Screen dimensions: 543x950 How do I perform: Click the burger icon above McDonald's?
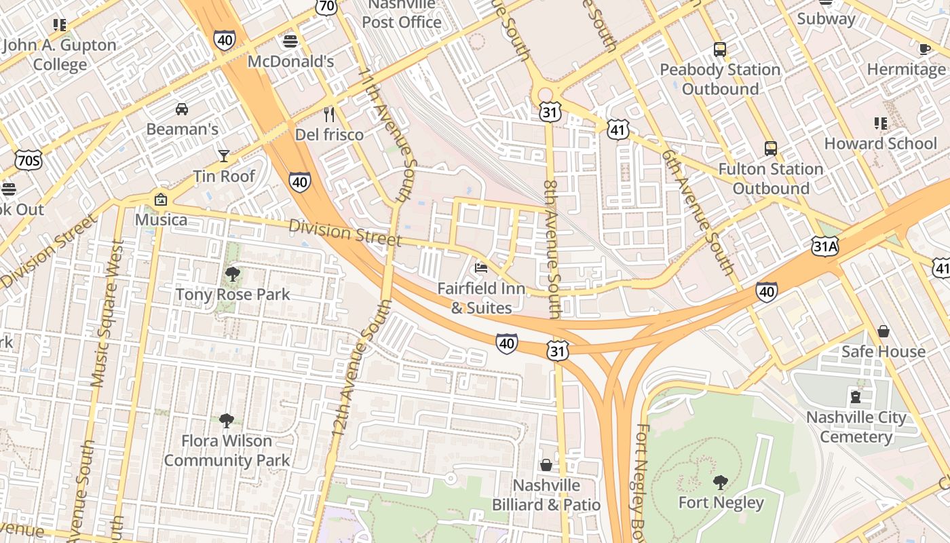[x=290, y=41]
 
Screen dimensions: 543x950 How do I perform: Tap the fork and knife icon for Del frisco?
[x=330, y=114]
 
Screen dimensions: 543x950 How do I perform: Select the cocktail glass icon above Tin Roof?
[x=224, y=156]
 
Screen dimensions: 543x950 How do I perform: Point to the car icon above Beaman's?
[x=182, y=109]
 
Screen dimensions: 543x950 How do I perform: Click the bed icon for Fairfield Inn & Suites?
[x=481, y=268]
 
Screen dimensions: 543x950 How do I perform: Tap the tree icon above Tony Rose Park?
[x=233, y=274]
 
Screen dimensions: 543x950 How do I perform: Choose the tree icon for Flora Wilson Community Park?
[x=227, y=421]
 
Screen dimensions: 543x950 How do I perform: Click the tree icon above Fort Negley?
[x=721, y=483]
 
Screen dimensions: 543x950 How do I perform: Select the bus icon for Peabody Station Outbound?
[x=720, y=50]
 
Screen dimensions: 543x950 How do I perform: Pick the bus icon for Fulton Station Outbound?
[x=771, y=149]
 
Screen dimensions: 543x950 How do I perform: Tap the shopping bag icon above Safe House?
[x=883, y=331]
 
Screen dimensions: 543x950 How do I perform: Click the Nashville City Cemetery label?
[x=856, y=427]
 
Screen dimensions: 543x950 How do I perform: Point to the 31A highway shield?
[x=824, y=246]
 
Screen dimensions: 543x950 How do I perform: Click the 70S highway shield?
[x=28, y=160]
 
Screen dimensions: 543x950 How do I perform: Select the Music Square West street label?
[x=108, y=313]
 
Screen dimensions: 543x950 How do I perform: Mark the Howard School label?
[x=880, y=143]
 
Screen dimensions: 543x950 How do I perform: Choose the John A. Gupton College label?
[x=60, y=55]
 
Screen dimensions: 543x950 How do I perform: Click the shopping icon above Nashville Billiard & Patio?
[x=546, y=465]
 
